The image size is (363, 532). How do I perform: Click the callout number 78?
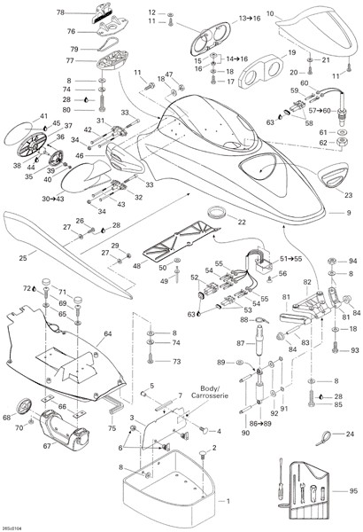point(60,12)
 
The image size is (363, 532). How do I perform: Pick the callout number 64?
point(107,333)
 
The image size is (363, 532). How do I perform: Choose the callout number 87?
point(240,342)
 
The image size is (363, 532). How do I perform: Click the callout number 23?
point(347,195)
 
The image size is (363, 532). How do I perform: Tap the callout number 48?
point(136,265)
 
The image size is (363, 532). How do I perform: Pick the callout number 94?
point(351,262)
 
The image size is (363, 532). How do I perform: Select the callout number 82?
point(307,281)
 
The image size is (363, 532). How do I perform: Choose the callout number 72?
point(27,288)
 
